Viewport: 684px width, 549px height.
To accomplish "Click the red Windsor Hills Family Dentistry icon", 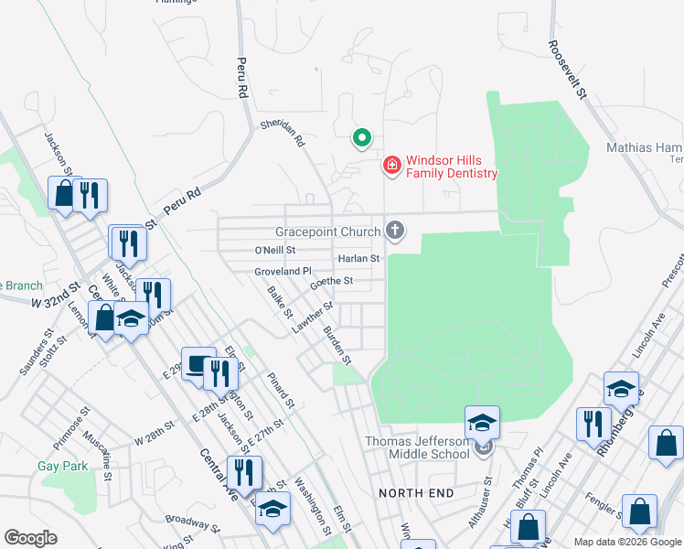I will click(x=391, y=166).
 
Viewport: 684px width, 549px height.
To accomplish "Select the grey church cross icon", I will click(x=395, y=230).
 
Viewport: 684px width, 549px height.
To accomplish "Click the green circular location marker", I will click(x=361, y=139).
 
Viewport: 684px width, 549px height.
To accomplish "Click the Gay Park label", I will click(x=62, y=466).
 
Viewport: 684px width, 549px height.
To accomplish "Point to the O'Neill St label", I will click(x=275, y=250).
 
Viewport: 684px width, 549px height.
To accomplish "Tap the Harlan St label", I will click(x=358, y=259).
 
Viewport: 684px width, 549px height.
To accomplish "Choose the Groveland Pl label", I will click(x=283, y=272).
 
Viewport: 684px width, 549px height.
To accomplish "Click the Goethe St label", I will click(x=331, y=282).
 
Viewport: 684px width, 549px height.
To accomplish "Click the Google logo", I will click(x=30, y=537).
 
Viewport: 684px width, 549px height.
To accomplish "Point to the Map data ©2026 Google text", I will click(x=626, y=542).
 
